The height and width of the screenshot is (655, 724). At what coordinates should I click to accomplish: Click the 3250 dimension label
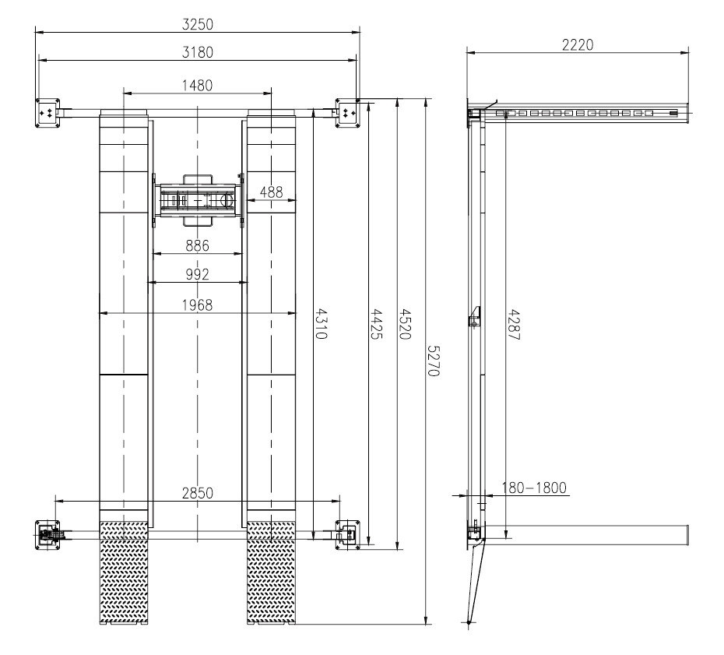198,24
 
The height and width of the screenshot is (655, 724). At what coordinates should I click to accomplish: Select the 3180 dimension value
198,52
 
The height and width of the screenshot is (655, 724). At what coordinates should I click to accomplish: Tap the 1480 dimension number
197,86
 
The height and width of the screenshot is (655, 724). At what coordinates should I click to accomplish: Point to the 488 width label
271,192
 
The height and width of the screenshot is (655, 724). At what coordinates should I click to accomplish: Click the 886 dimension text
197,245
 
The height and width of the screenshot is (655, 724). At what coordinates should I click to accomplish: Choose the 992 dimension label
197,274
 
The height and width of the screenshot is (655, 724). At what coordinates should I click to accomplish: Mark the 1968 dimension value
197,305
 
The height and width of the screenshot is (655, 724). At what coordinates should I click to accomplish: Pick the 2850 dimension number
198,493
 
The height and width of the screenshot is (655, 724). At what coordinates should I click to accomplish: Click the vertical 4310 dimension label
322,324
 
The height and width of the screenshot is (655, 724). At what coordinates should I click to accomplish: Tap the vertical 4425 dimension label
377,324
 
